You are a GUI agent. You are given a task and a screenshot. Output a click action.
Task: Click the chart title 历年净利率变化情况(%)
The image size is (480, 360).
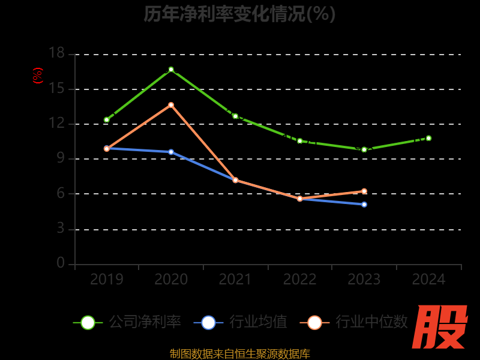coord(239,13)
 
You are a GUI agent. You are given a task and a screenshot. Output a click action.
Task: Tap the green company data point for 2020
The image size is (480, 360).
coord(171,70)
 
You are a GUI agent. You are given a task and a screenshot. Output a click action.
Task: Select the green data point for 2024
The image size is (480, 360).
coord(428,138)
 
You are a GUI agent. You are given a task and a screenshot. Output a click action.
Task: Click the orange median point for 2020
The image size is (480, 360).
coord(171,105)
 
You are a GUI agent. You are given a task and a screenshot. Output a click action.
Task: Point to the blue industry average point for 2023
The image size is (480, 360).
coord(364,205)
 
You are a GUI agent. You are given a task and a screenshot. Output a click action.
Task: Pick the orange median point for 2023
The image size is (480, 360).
coord(364,191)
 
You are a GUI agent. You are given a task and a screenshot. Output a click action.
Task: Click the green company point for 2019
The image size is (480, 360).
coord(107,120)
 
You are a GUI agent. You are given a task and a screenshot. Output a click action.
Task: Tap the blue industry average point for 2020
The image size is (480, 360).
coord(171,152)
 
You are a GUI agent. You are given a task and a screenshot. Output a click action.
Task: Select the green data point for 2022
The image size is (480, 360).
coord(299,141)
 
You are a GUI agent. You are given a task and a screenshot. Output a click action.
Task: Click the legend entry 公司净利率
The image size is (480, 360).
coord(127,322)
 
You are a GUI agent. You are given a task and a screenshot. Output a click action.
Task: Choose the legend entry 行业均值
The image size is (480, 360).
coord(241,322)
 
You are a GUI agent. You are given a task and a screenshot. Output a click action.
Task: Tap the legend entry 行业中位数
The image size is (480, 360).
coord(358,322)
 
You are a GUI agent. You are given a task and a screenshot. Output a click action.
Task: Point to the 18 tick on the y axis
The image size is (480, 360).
coord(56,53)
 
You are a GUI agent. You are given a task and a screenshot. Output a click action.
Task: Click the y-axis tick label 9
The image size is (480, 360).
coord(61,158)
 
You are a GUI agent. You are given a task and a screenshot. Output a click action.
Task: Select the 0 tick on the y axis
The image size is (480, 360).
coord(61,263)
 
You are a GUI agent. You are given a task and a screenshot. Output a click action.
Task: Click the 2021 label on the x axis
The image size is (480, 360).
coord(235,279)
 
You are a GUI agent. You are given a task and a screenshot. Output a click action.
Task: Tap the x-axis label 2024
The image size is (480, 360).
coord(428,279)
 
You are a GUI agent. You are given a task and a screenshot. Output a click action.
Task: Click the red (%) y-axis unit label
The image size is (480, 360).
coord(38,76)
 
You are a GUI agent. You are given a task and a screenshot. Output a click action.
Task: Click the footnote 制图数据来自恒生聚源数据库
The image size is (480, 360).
coord(239,353)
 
